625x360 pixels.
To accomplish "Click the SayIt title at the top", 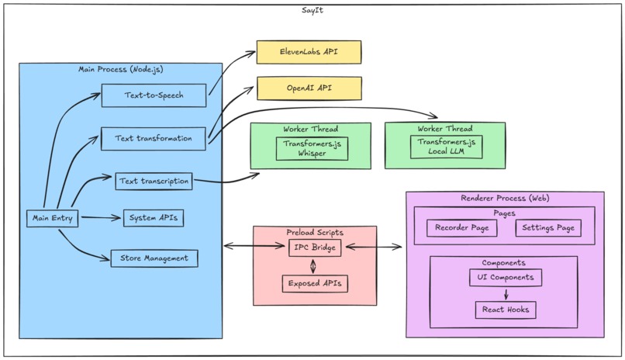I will (x=312, y=10).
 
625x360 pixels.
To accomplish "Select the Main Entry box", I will (x=53, y=219).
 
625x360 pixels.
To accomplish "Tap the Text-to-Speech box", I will (x=154, y=95).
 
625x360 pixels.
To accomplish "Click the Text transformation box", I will (x=154, y=138).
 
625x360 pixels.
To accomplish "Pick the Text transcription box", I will (x=154, y=182).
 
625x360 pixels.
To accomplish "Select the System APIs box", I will (x=154, y=218).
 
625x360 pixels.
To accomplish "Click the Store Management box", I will (x=154, y=258).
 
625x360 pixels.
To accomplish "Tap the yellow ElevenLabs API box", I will (x=309, y=52).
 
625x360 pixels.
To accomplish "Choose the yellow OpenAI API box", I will (x=309, y=88).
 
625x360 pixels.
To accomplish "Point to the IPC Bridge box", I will (x=313, y=247).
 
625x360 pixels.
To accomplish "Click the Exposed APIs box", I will (x=314, y=284).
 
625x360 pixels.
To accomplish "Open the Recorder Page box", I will (x=461, y=228).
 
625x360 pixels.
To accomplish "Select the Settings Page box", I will (x=547, y=228).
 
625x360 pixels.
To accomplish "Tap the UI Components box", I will (x=506, y=277).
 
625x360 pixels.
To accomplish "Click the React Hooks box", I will (x=506, y=310).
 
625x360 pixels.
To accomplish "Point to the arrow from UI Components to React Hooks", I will (x=506, y=293).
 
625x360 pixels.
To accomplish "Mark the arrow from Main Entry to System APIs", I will (x=101, y=218).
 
